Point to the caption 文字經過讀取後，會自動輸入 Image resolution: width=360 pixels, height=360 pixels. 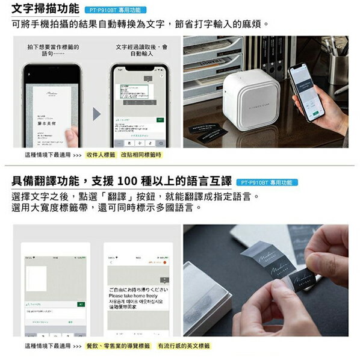pos(140,50)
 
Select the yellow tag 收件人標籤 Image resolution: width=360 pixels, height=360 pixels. pos(101,155)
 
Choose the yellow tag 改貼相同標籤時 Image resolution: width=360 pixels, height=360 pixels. pos(141,155)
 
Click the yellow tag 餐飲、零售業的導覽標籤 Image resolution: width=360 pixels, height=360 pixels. pos(118,346)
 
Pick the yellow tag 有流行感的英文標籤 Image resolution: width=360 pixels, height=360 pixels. pos(184,346)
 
